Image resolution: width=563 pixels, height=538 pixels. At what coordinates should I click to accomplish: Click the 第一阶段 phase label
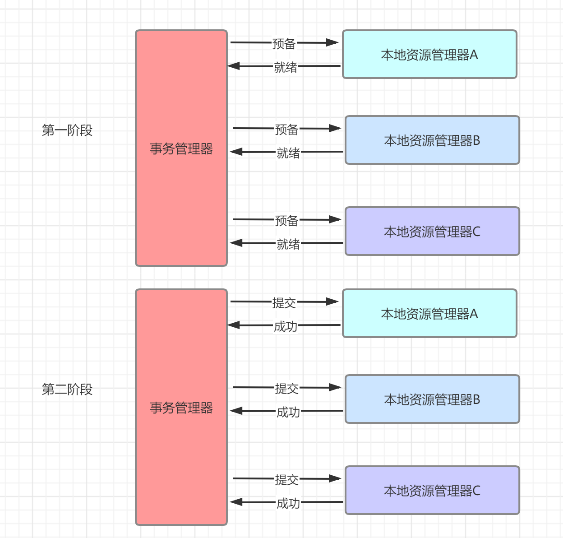(x=67, y=130)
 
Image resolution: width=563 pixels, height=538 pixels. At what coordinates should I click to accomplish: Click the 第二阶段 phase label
(x=67, y=389)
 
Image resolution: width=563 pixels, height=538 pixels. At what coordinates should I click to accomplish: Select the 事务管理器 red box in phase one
(x=181, y=148)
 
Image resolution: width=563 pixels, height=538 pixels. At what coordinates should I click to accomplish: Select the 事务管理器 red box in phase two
(x=181, y=407)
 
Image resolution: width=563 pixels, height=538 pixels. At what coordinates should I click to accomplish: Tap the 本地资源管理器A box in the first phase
(x=429, y=55)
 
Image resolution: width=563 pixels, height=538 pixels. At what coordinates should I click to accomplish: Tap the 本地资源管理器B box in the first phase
(x=432, y=140)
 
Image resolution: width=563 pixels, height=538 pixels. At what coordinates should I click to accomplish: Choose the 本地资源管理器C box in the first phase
(x=432, y=232)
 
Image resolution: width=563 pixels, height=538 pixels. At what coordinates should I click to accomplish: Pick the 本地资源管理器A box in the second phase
(x=429, y=314)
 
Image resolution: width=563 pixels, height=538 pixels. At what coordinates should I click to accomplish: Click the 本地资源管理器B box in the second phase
(x=432, y=399)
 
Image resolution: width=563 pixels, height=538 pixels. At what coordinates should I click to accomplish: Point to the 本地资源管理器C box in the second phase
(x=432, y=491)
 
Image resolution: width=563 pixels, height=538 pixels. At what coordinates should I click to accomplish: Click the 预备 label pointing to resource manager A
(x=284, y=44)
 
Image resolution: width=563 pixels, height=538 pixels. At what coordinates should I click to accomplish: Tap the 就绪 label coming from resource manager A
(x=286, y=67)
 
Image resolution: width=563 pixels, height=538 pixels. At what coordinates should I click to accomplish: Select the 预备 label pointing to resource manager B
(x=287, y=130)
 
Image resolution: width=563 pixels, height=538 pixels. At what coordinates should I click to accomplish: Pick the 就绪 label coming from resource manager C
(x=288, y=244)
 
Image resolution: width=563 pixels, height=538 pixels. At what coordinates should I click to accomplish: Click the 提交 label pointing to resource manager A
(x=284, y=303)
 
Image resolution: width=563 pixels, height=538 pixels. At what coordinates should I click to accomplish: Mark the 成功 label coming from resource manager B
(x=288, y=412)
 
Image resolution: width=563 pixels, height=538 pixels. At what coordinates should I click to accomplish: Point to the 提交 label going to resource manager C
(x=287, y=479)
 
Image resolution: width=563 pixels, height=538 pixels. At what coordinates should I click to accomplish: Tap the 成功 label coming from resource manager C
(x=288, y=503)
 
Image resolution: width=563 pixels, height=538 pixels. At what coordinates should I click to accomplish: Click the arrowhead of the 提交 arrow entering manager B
(x=335, y=387)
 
